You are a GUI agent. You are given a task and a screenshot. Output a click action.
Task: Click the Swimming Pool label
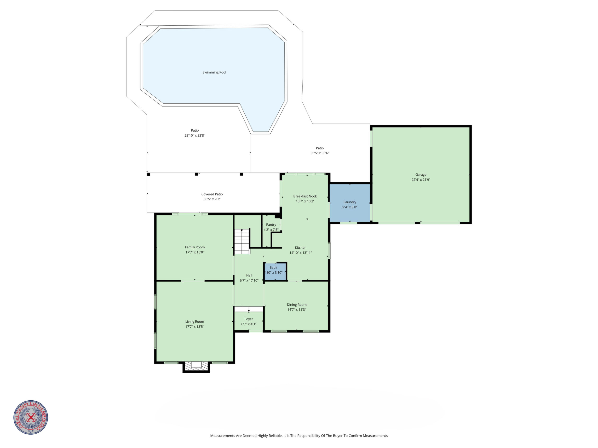[214, 72]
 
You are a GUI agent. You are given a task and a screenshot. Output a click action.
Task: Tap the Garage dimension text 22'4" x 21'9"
[421, 179]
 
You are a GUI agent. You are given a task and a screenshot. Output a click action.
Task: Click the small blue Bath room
[275, 271]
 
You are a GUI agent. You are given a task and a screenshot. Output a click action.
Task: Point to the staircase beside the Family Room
[242, 242]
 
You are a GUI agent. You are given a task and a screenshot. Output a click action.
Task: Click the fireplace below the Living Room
[196, 366]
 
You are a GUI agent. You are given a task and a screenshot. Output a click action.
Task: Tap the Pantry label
[271, 225]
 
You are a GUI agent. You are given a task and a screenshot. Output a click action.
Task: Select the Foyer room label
[249, 319]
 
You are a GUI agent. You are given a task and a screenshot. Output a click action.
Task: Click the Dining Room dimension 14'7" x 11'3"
[297, 309]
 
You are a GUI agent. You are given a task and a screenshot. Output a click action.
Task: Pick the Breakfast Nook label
[305, 196]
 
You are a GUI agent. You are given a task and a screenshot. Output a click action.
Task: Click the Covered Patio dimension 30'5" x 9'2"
[212, 199]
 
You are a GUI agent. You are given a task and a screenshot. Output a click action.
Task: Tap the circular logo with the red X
[31, 417]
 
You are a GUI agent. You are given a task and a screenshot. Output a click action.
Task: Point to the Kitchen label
[301, 248]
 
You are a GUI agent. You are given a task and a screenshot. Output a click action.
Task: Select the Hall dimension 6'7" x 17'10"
[249, 280]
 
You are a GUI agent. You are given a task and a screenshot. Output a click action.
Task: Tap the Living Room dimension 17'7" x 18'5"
[195, 326]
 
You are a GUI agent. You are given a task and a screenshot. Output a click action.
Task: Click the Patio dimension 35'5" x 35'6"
[320, 153]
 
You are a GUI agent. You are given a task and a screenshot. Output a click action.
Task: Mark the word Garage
[421, 175]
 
